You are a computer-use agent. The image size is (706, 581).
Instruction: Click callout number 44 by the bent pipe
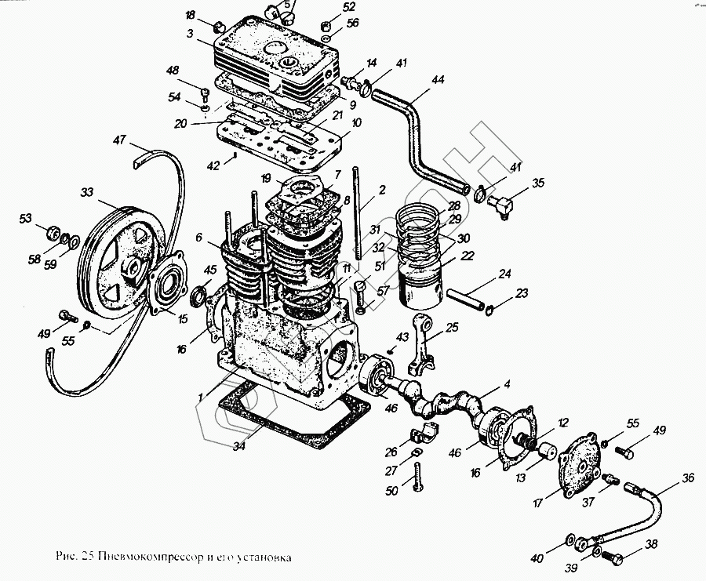coord(438,80)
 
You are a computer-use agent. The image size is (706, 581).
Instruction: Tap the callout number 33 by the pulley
coord(86,191)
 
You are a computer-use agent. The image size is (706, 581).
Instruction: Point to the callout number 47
coord(119,141)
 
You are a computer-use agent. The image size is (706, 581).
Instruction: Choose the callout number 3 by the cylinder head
coord(190,34)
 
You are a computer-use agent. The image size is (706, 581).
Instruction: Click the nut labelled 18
coord(220,30)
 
